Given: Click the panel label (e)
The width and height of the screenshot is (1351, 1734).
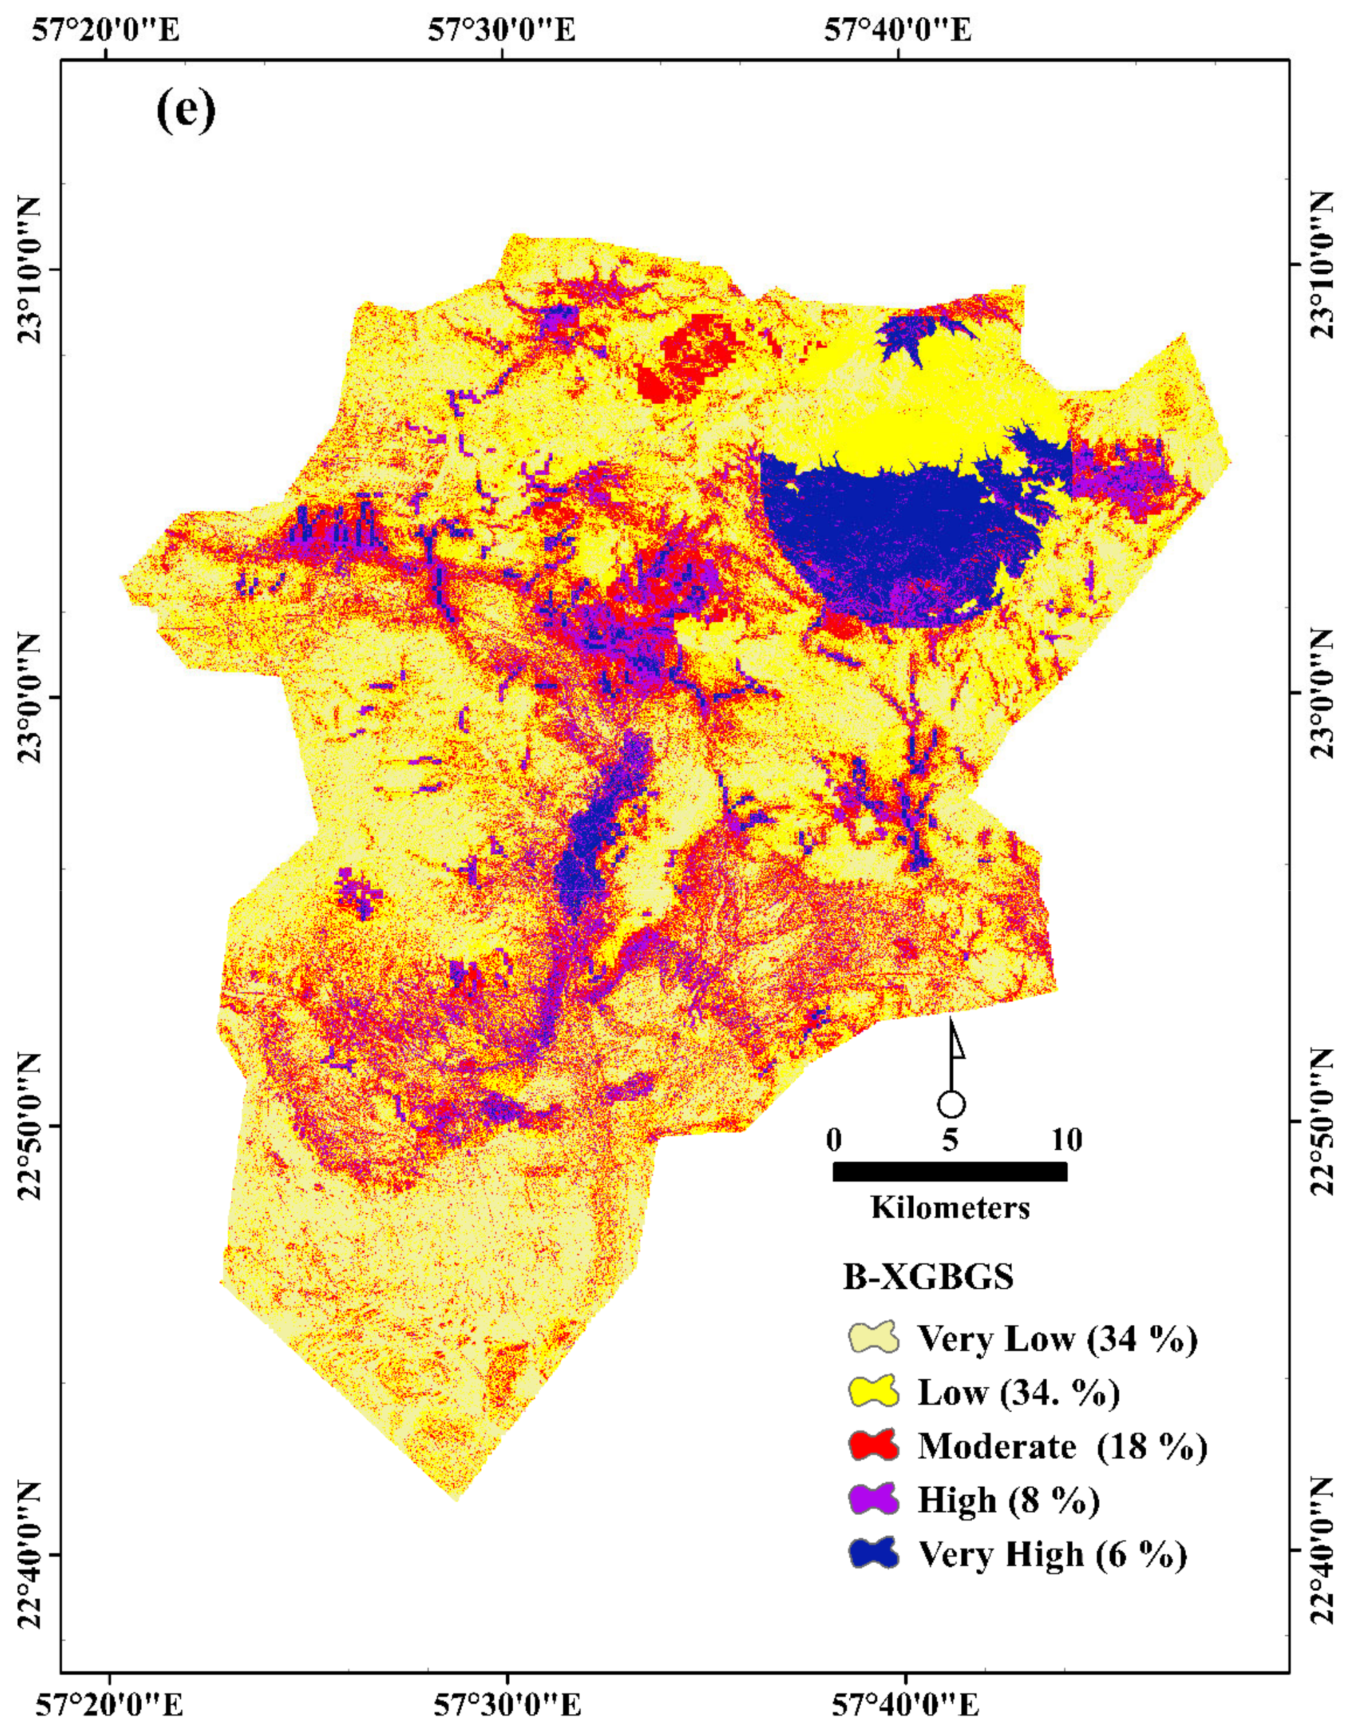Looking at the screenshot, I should coord(185,112).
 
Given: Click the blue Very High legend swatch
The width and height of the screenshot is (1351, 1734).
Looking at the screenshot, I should coord(873,1553).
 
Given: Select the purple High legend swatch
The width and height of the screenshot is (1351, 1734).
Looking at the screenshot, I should coord(873,1499).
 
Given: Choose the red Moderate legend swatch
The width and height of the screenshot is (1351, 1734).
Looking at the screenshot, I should coord(873,1445).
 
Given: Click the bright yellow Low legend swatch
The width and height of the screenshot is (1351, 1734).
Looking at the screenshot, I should coord(873,1392).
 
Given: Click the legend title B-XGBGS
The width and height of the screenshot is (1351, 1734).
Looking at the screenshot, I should coord(928,1277).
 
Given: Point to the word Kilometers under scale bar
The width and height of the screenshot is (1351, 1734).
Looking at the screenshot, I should coord(950,1207).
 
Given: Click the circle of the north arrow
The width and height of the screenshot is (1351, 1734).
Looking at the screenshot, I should coord(951,1105).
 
